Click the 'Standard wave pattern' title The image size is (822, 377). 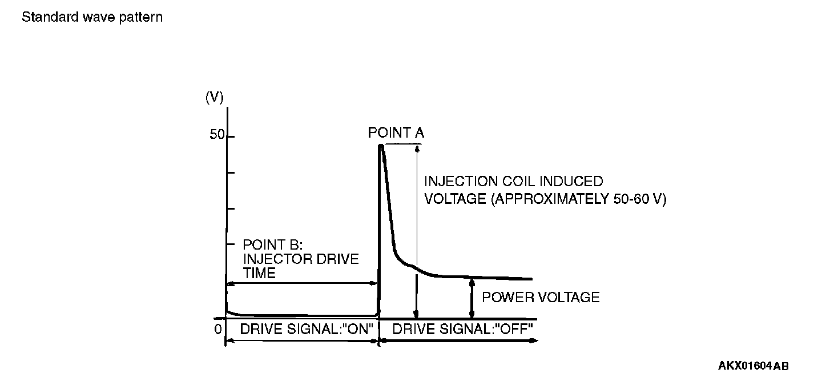coord(92,17)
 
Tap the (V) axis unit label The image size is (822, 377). coord(214,98)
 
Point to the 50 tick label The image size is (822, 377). coord(217,135)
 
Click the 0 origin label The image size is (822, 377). coord(217,329)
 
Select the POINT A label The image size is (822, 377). coord(396,133)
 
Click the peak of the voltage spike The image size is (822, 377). coord(381,146)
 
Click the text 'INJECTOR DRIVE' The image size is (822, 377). coord(301,259)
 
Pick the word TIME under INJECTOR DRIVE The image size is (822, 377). coord(259,273)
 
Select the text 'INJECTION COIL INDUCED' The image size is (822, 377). coord(513,182)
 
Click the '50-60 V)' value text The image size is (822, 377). coord(638,200)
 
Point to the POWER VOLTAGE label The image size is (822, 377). coord(541,297)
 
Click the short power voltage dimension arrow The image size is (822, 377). coord(472,298)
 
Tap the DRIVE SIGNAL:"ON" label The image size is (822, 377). coord(307,329)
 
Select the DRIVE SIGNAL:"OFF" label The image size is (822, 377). coord(462,329)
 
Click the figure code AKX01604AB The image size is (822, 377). coord(753,366)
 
